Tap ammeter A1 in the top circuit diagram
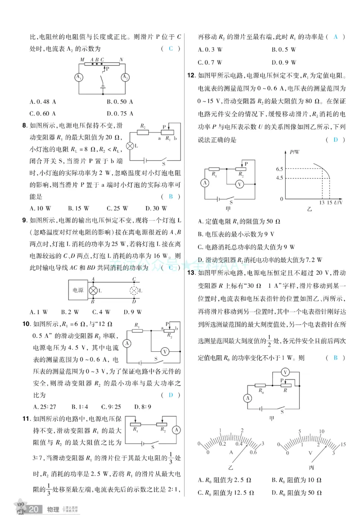click(79, 77)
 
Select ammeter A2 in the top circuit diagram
click(125, 77)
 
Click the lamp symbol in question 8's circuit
click(130, 146)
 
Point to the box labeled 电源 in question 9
click(77, 290)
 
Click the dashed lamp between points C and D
click(134, 290)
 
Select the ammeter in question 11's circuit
click(176, 430)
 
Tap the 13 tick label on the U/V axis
click(322, 204)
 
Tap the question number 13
click(190, 273)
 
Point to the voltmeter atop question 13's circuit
click(284, 372)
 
